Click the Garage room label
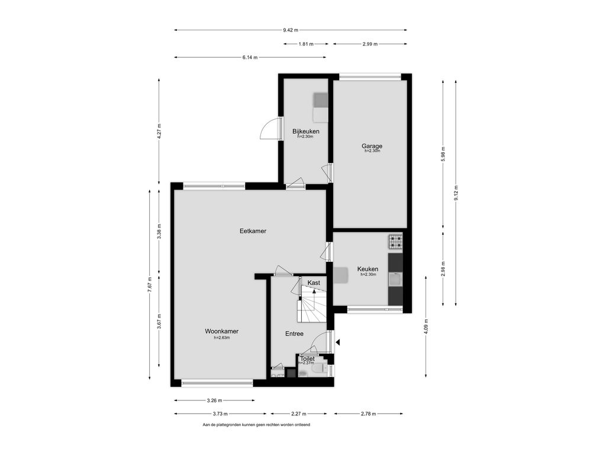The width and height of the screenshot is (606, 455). pyautogui.click(x=372, y=146)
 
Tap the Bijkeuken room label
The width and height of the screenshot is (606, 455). pyautogui.click(x=306, y=132)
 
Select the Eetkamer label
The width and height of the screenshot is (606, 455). pyautogui.click(x=253, y=231)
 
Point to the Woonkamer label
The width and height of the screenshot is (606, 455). pyautogui.click(x=221, y=331)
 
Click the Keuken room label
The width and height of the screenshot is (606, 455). pyautogui.click(x=368, y=269)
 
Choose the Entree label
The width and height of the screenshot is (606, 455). pyautogui.click(x=294, y=334)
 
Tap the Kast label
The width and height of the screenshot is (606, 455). pyautogui.click(x=314, y=283)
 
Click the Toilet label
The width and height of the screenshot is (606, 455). pyautogui.click(x=308, y=358)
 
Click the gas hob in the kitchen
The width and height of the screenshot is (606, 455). pyautogui.click(x=395, y=242)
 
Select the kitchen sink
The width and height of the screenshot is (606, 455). pyautogui.click(x=395, y=279)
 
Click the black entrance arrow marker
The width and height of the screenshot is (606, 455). pyautogui.click(x=338, y=342)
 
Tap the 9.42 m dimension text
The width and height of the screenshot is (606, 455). pyautogui.click(x=291, y=30)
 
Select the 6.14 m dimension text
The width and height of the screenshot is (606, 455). pyautogui.click(x=250, y=57)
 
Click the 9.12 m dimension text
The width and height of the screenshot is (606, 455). pyautogui.click(x=456, y=193)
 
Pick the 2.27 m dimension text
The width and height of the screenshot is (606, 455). pyautogui.click(x=299, y=414)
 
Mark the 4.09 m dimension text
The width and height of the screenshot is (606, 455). pyautogui.click(x=426, y=326)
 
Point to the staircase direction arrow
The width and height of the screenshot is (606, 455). pyautogui.click(x=314, y=293)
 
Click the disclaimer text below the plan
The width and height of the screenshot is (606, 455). pyautogui.click(x=256, y=424)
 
